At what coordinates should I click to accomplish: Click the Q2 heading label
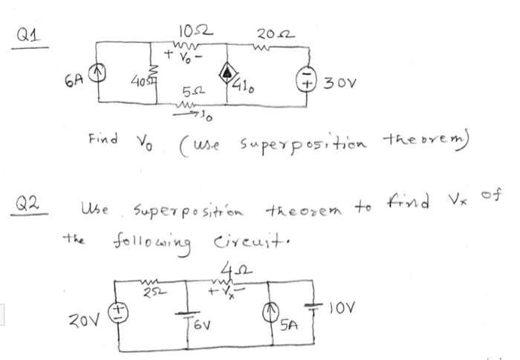click(x=30, y=203)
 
